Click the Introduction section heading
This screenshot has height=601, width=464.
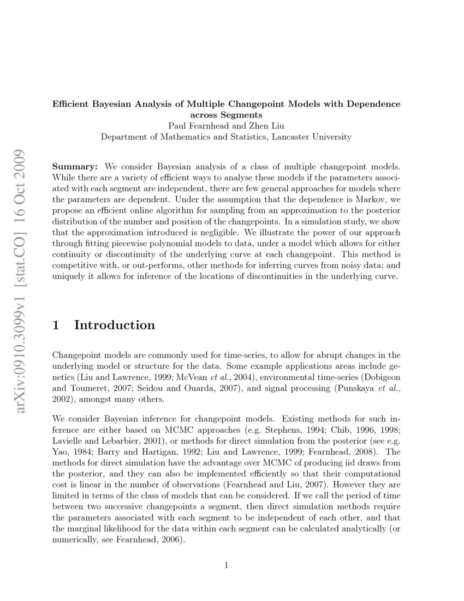tap(115, 326)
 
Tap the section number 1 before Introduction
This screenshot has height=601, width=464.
tap(56, 326)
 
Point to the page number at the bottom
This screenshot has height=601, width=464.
tap(226, 565)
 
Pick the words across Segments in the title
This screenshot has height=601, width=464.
tap(226, 115)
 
